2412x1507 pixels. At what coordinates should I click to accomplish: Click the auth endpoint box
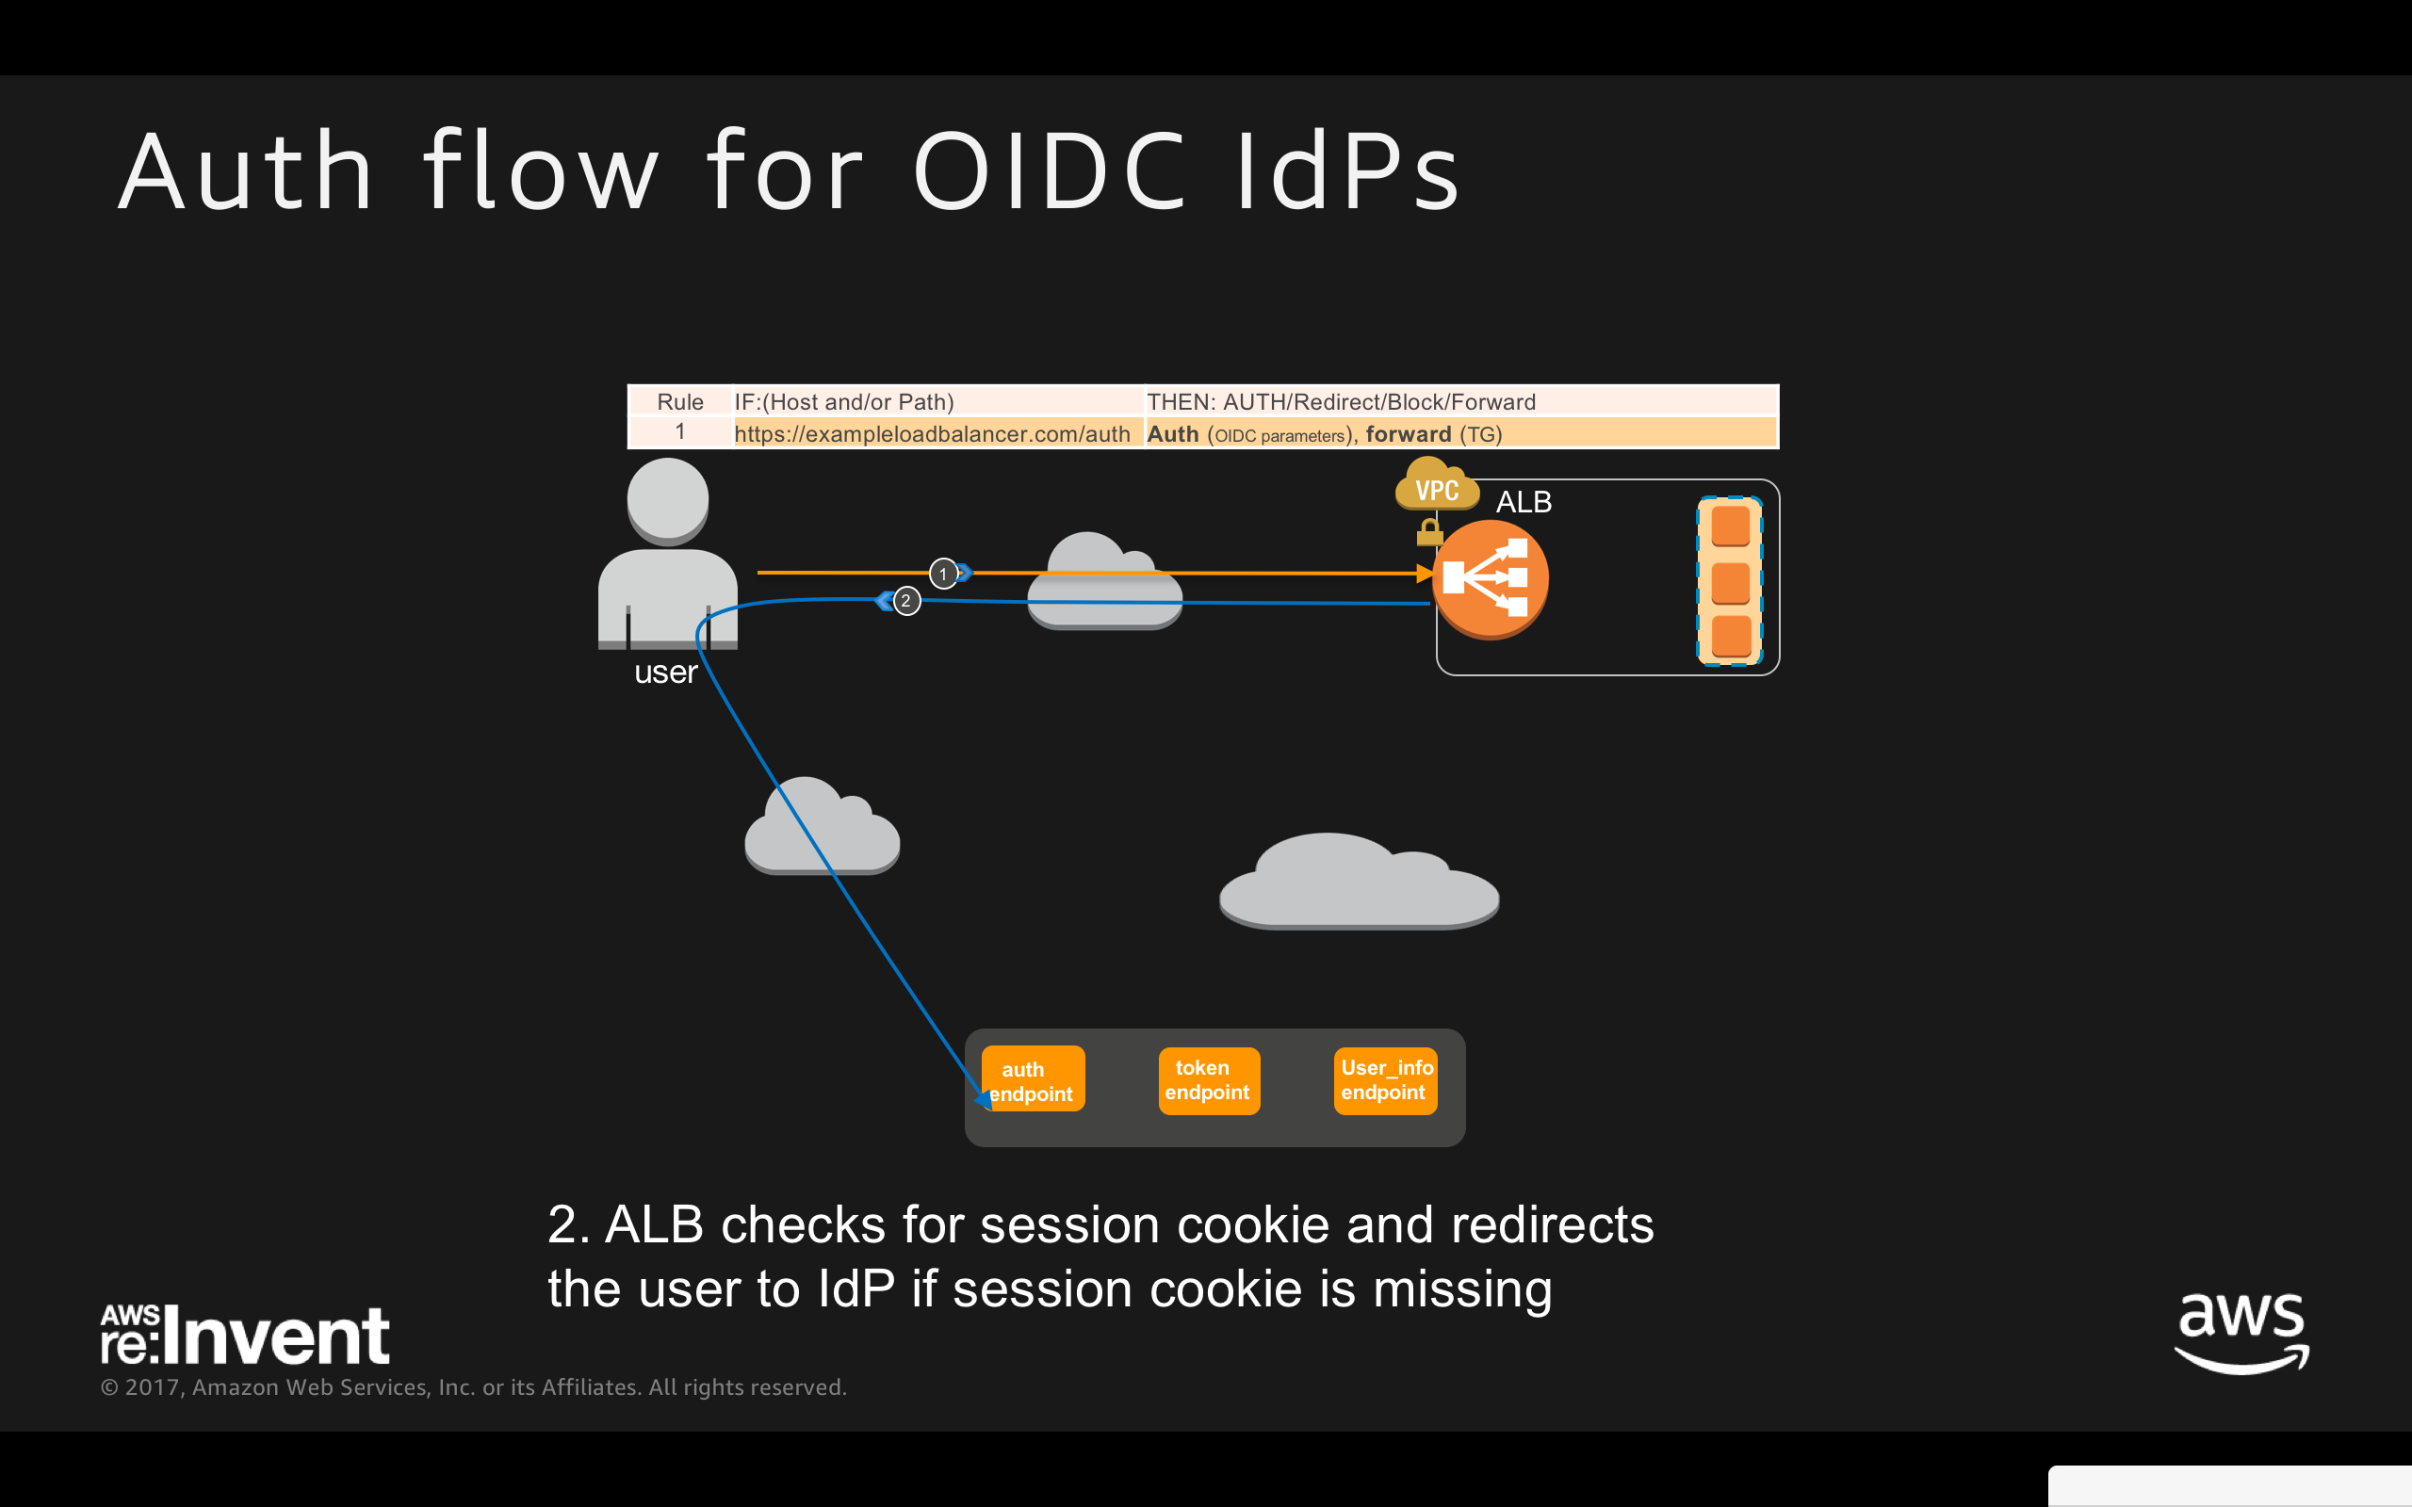(x=1033, y=1079)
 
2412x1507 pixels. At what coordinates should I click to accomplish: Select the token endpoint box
(x=1208, y=1080)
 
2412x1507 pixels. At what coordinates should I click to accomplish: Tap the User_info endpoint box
(x=1385, y=1080)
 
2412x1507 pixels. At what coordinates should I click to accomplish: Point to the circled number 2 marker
(x=906, y=601)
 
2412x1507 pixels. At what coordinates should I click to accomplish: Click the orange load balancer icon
(x=1489, y=579)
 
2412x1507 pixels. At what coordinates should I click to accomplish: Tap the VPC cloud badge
(x=1436, y=487)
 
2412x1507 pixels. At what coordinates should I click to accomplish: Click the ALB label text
(x=1523, y=502)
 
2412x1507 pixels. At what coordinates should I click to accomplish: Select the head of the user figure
(x=668, y=500)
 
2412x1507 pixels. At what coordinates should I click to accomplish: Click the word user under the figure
(x=666, y=672)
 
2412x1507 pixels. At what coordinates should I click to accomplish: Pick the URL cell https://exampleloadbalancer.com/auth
(x=932, y=434)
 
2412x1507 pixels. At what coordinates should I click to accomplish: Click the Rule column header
(x=679, y=401)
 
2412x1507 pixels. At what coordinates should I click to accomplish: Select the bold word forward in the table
(x=1408, y=434)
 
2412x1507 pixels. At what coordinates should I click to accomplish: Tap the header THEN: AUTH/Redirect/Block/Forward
(x=1341, y=401)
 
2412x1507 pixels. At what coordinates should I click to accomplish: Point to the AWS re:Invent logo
(x=245, y=1335)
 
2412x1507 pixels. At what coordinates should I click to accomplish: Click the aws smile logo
(x=2241, y=1333)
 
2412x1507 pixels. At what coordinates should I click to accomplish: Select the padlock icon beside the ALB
(x=1429, y=532)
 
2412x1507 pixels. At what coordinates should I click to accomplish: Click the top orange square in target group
(x=1730, y=526)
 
